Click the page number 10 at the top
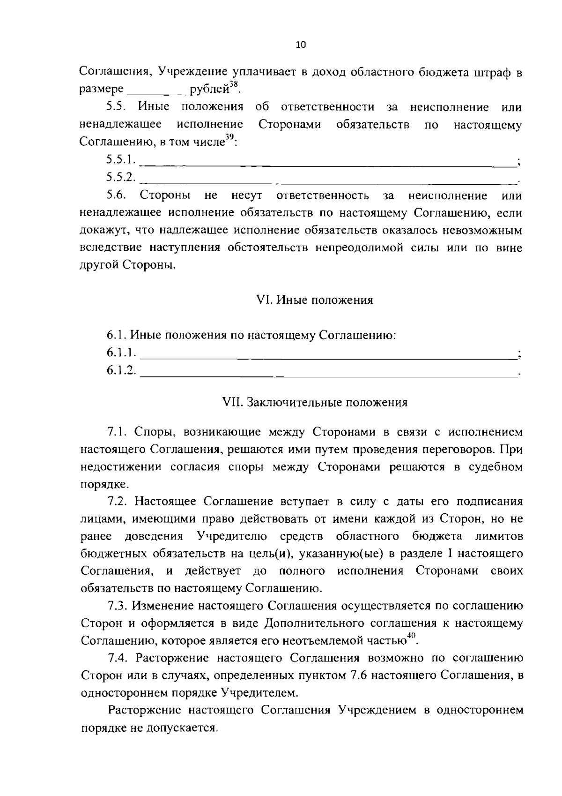(301, 45)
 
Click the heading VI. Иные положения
(315, 300)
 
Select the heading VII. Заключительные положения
(315, 403)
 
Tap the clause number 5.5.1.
(121, 160)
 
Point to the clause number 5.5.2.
(121, 178)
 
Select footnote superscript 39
(229, 137)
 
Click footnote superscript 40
(411, 635)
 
